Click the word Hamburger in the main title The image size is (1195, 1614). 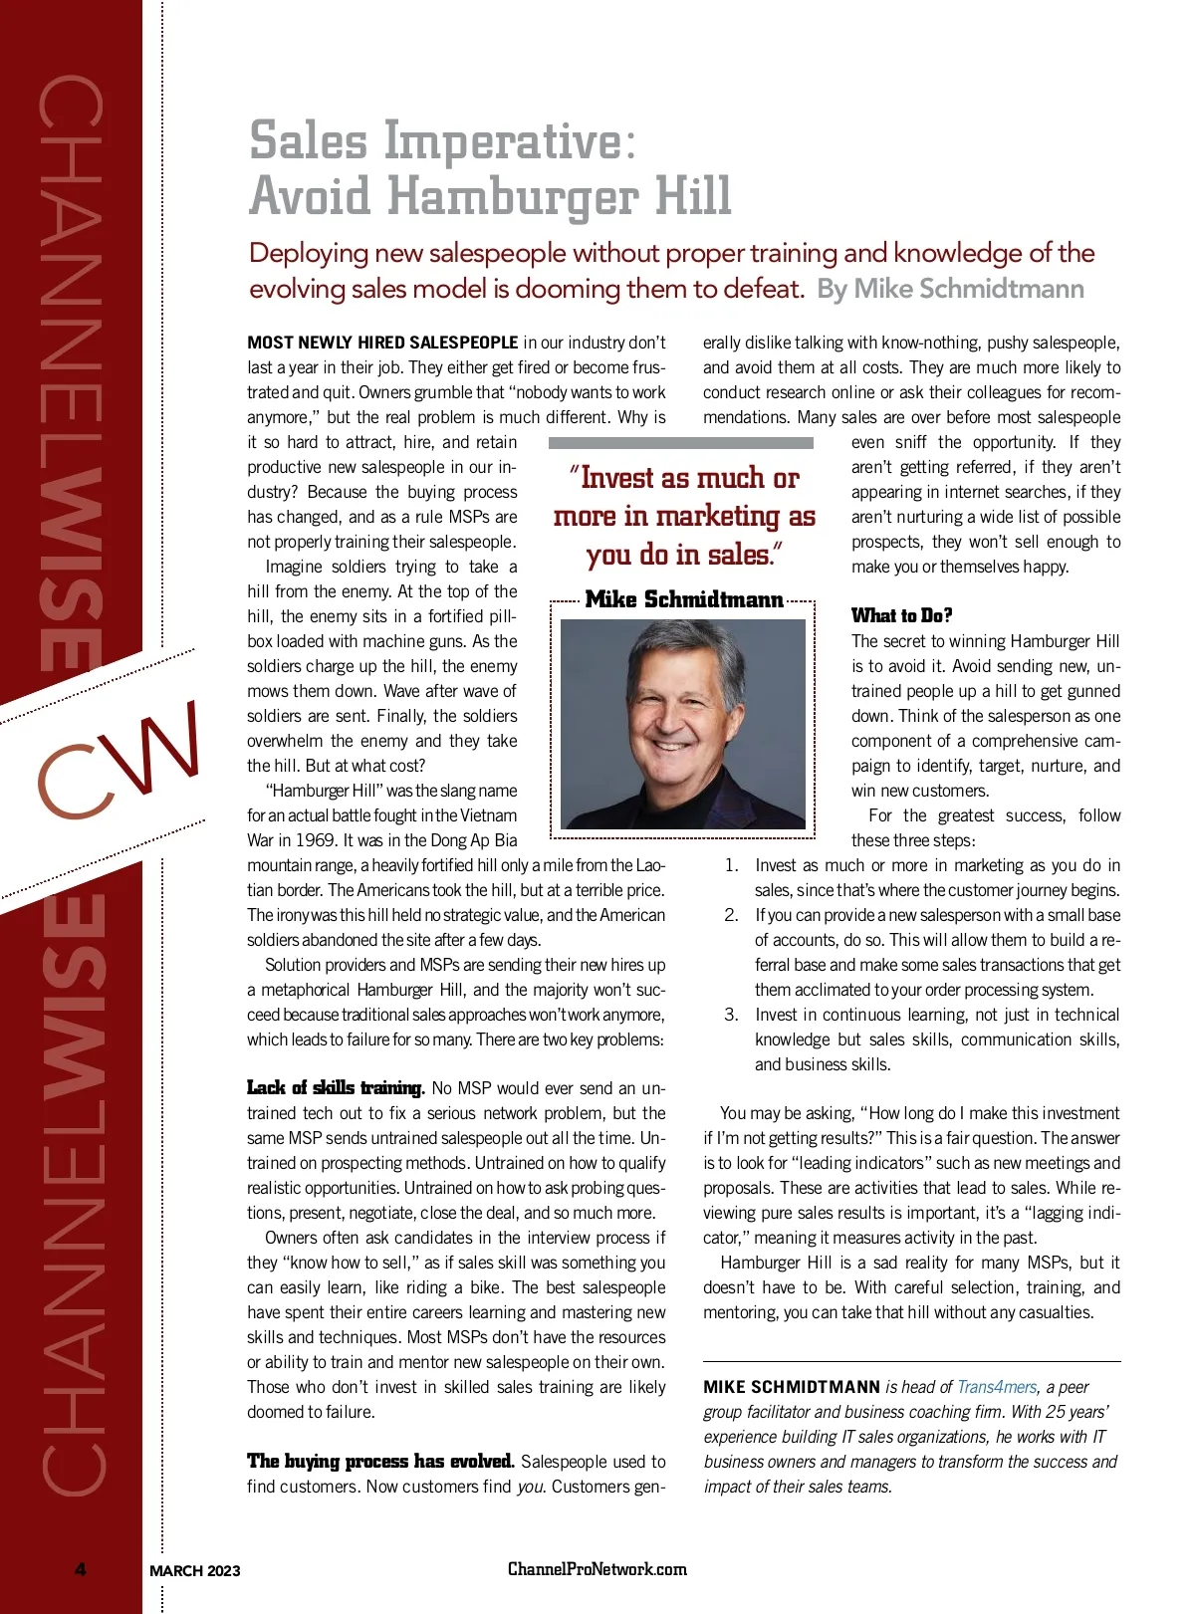coord(514,196)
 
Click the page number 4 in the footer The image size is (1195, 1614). coord(81,1570)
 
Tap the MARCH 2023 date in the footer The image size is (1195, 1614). coord(195,1571)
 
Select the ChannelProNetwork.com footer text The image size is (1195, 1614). coord(597,1569)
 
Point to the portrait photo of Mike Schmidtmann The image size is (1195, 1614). coord(683,724)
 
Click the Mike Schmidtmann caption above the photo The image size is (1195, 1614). coord(684,599)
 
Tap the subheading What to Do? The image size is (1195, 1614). coord(901,615)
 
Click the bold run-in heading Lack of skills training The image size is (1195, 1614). coord(336,1088)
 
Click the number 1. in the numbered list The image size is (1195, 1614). coord(731,865)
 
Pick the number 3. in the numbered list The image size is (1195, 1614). coord(731,1015)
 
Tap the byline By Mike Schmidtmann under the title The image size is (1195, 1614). coord(950,289)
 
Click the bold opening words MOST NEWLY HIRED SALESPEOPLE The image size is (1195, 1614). coord(382,343)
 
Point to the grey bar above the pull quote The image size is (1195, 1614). coord(681,443)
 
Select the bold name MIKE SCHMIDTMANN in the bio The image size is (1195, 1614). coord(792,1387)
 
